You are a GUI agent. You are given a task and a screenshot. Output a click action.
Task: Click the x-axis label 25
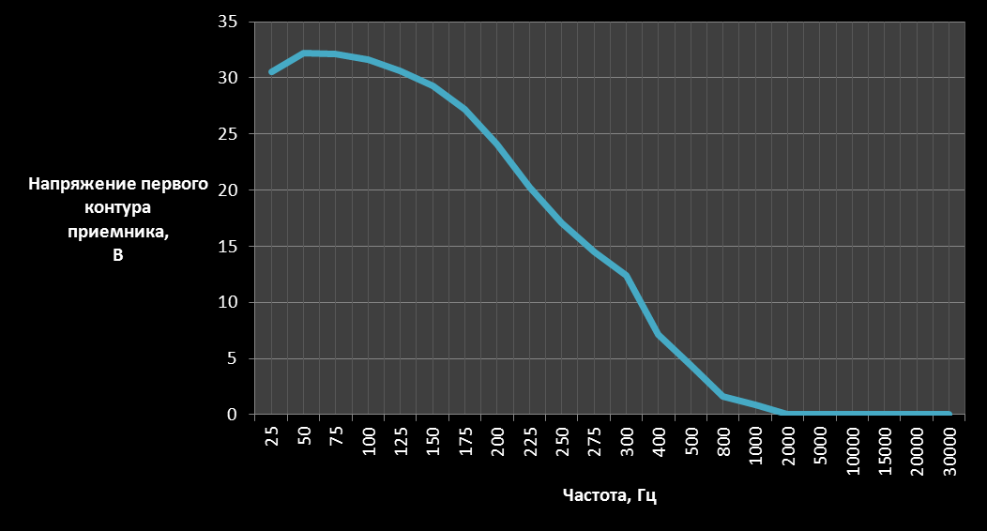pyautogui.click(x=272, y=436)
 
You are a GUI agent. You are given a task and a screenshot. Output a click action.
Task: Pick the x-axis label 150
pyautogui.click(x=433, y=441)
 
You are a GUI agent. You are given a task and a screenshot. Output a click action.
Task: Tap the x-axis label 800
pyautogui.click(x=724, y=441)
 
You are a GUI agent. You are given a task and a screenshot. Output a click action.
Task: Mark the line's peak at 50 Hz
pyautogui.click(x=304, y=53)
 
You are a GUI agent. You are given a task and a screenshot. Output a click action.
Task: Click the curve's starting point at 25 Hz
pyautogui.click(x=272, y=71)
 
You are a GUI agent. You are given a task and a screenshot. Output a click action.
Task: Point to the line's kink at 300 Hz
pyautogui.click(x=626, y=276)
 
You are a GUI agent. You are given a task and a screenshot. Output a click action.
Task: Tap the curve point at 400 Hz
pyautogui.click(x=660, y=334)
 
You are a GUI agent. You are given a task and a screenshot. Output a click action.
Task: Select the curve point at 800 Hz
pyautogui.click(x=724, y=397)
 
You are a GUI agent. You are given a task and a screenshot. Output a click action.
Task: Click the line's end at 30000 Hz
pyautogui.click(x=949, y=414)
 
